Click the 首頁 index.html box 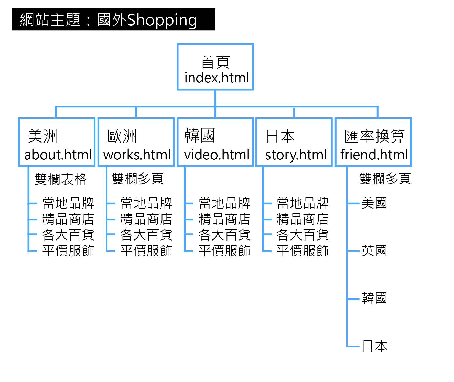click(x=215, y=67)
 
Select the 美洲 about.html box click(x=57, y=142)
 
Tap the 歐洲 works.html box click(x=136, y=142)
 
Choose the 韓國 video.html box click(x=215, y=142)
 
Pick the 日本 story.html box click(x=294, y=142)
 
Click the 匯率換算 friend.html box click(x=373, y=142)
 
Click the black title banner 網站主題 click(x=113, y=20)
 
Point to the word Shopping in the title click(x=162, y=20)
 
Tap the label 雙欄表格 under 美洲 click(x=61, y=179)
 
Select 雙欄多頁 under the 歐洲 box click(x=137, y=179)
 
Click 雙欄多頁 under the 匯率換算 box click(x=385, y=179)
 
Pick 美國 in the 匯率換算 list click(x=374, y=203)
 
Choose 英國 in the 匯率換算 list click(x=374, y=251)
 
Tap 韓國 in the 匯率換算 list click(x=374, y=298)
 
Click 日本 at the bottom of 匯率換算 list click(x=375, y=346)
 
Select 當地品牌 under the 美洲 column click(x=68, y=203)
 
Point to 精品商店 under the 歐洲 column click(x=146, y=219)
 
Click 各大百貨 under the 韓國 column click(x=224, y=235)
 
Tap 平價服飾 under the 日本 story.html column click(x=302, y=251)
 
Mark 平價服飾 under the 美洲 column click(x=68, y=251)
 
